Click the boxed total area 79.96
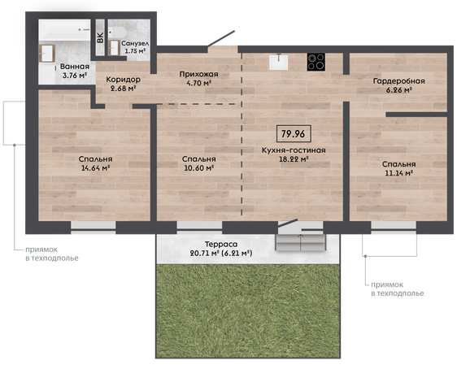pyautogui.click(x=294, y=134)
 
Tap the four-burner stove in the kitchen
pyautogui.click(x=316, y=62)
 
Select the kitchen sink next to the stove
pyautogui.click(x=279, y=62)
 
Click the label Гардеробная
pyautogui.click(x=398, y=81)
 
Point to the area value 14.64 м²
pyautogui.click(x=95, y=167)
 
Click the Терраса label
pyautogui.click(x=221, y=244)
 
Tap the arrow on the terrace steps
pyautogui.click(x=300, y=241)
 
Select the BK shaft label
pyautogui.click(x=100, y=38)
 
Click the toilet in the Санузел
pyautogui.click(x=117, y=32)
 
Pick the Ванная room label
pyautogui.click(x=75, y=67)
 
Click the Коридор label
pyautogui.click(x=123, y=79)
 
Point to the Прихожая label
pyautogui.click(x=198, y=74)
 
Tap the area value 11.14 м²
pyautogui.click(x=398, y=173)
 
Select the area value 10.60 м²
pyautogui.click(x=199, y=167)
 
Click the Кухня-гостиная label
pyautogui.click(x=294, y=150)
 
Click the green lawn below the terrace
pyautogui.click(x=248, y=310)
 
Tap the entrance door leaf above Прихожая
pyautogui.click(x=221, y=38)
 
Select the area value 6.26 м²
pyautogui.click(x=398, y=90)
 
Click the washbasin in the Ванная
pyautogui.click(x=46, y=54)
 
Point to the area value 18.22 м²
pyautogui.click(x=294, y=159)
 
